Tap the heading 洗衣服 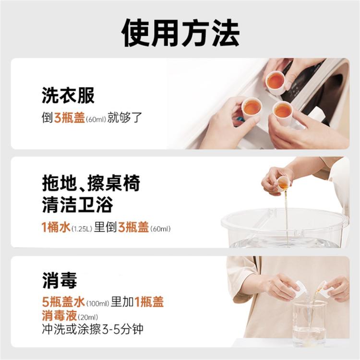click(68, 96)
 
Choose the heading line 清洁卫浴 click(77, 205)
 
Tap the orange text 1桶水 click(56, 228)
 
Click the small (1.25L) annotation click(82, 228)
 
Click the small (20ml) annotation click(86, 317)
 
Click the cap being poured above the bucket click(284, 182)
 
